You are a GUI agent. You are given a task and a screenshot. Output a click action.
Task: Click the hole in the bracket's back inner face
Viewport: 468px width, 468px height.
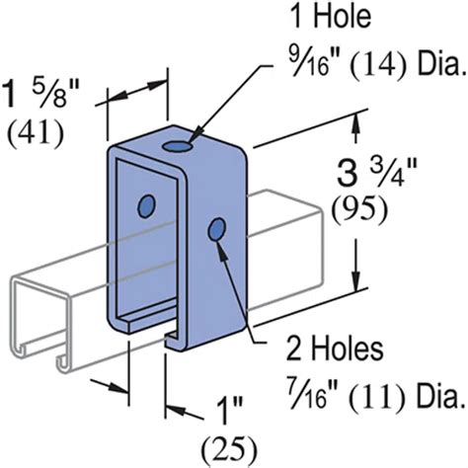147,205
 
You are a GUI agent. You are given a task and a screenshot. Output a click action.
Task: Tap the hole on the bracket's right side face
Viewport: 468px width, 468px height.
215,230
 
